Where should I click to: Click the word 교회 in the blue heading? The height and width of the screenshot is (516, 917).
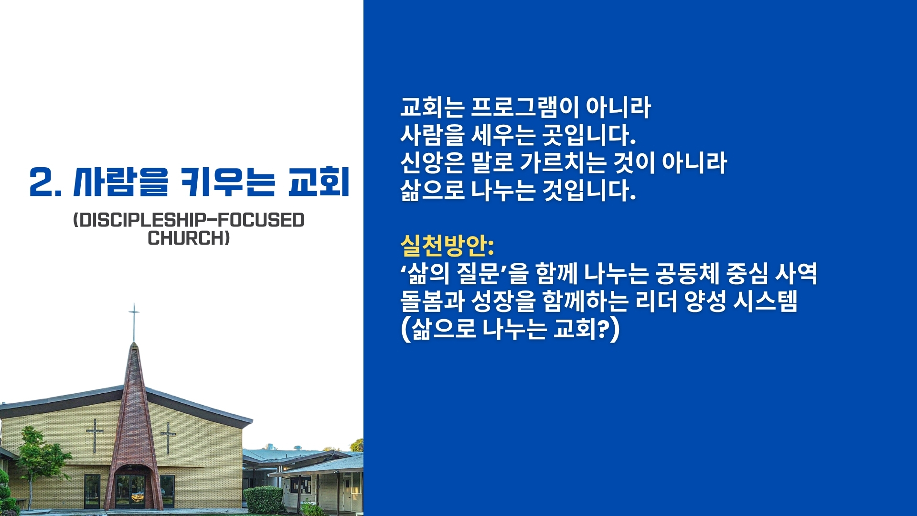point(319,182)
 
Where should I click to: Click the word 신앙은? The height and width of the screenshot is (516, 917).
point(432,162)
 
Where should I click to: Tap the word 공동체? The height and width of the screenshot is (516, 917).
point(687,273)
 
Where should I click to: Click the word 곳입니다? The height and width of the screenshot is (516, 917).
point(588,135)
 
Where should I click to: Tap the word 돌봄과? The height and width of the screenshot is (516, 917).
point(432,301)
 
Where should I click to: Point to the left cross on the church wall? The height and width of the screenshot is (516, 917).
point(95,435)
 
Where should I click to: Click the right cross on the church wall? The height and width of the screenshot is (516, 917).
point(168,438)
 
